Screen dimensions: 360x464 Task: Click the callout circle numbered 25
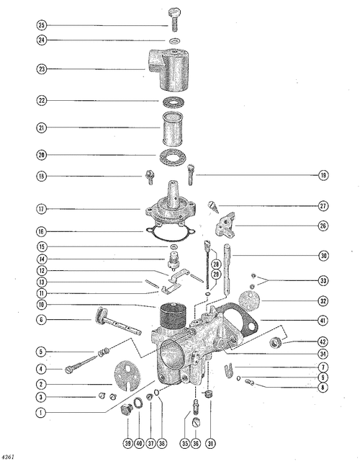[42, 25]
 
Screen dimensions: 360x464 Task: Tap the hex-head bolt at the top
[174, 19]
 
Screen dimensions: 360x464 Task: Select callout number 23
[42, 69]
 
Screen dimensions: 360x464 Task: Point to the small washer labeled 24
[176, 40]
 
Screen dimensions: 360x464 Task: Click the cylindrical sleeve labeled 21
[173, 128]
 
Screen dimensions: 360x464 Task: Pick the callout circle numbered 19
[323, 175]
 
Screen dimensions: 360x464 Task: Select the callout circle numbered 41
[323, 320]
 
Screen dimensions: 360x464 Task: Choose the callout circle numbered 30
[323, 255]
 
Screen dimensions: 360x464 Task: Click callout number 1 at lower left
[42, 412]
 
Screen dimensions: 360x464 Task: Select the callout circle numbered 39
[127, 443]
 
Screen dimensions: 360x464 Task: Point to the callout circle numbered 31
[210, 443]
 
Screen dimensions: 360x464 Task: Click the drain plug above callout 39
[126, 409]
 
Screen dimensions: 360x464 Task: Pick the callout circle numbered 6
[42, 320]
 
